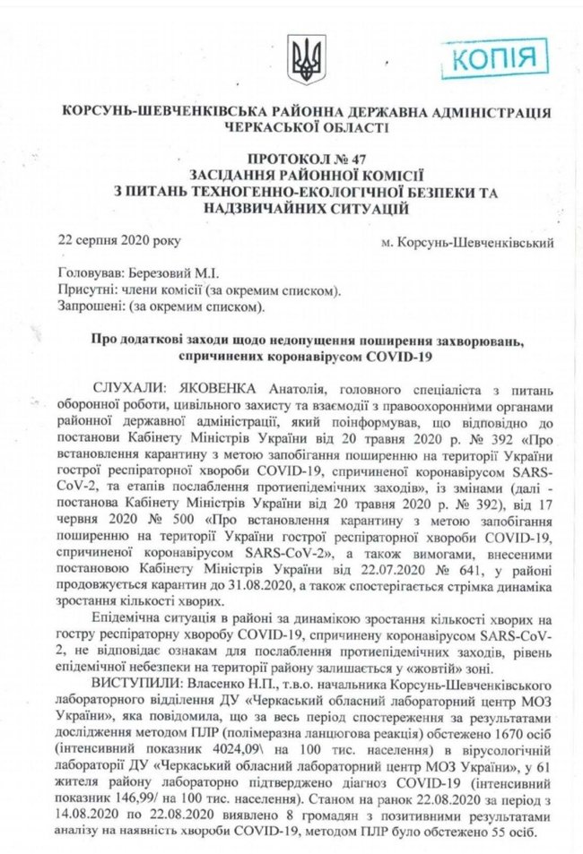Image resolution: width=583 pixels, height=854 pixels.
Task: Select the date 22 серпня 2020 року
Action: click(x=106, y=240)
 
